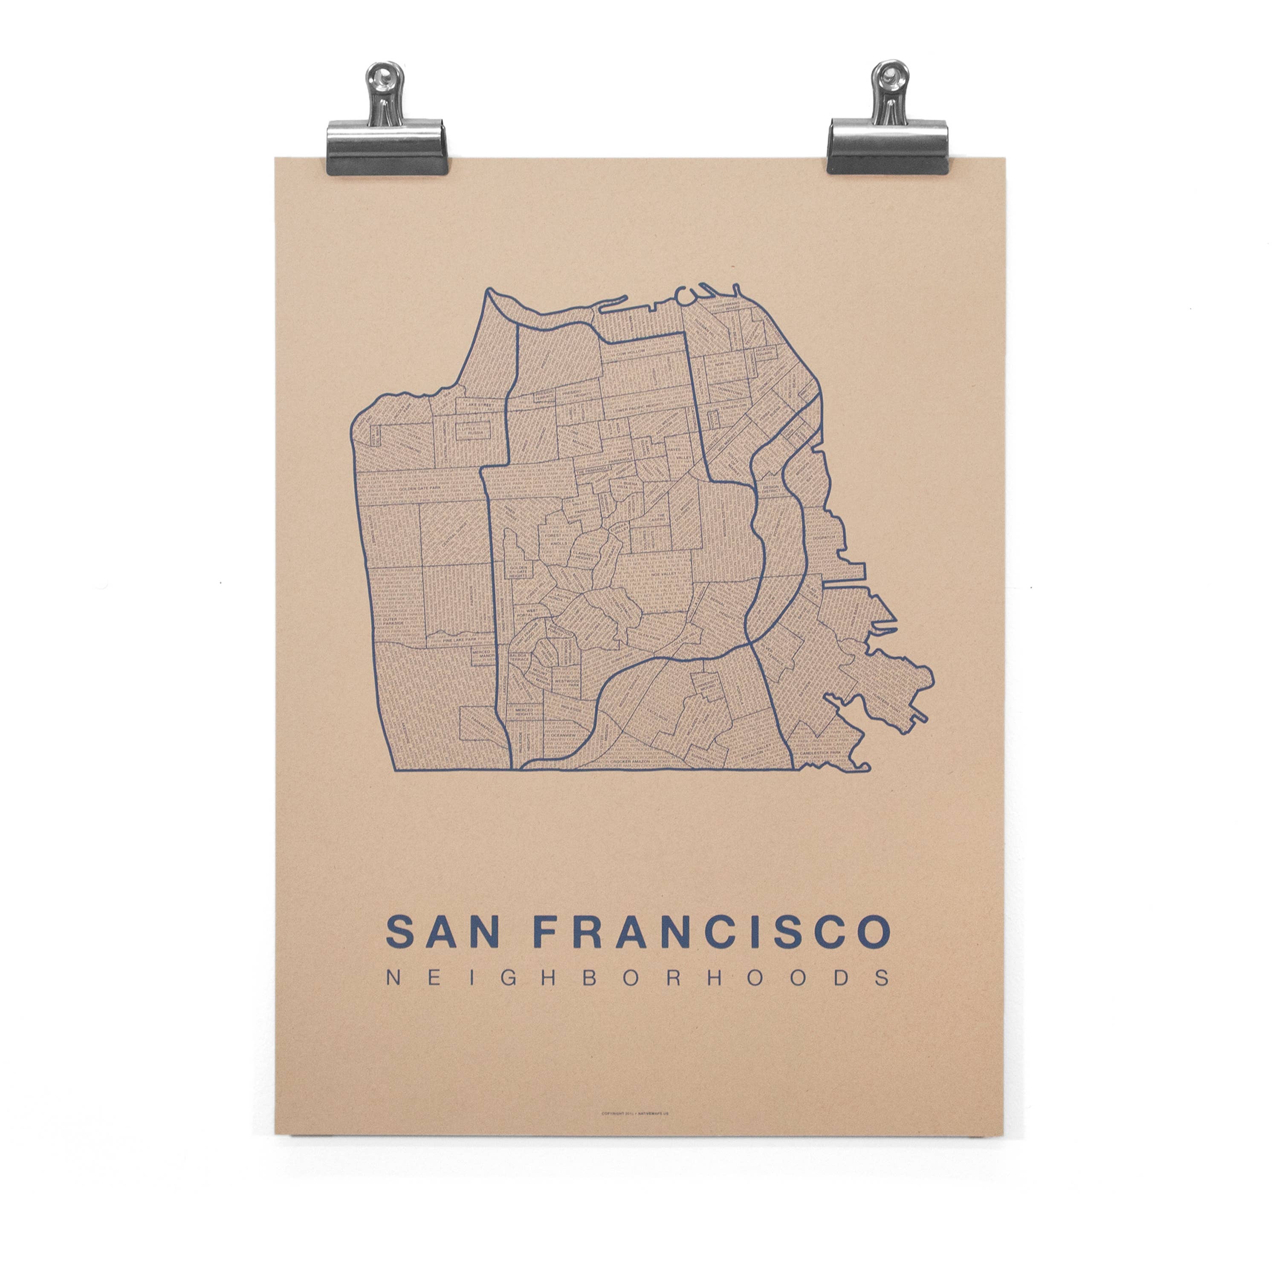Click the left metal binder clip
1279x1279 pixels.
pos(387,126)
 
